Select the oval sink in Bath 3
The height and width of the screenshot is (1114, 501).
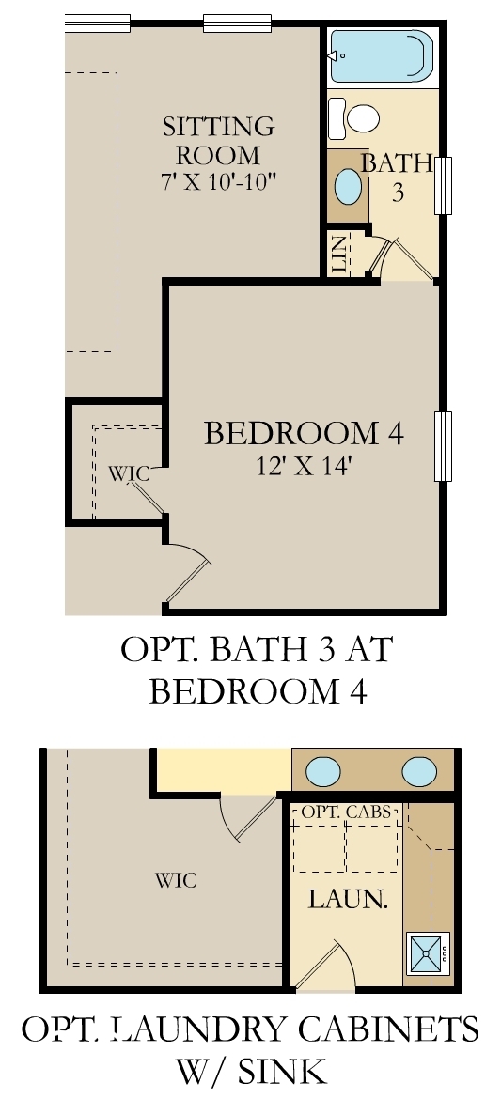[x=349, y=186]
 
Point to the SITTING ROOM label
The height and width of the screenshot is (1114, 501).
[x=218, y=140]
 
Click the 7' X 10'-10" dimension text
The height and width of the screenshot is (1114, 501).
[x=218, y=181]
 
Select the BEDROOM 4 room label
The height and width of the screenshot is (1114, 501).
[x=304, y=434]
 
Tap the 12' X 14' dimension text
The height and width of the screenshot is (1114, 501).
[x=304, y=466]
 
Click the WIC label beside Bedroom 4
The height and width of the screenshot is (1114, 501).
[x=129, y=473]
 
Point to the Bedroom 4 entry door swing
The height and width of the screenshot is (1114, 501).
[x=188, y=575]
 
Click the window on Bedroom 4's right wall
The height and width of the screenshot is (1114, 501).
[x=444, y=445]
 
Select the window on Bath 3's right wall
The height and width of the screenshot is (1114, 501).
[x=444, y=186]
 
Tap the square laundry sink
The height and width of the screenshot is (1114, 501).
[x=428, y=953]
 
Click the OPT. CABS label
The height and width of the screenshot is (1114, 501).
[x=347, y=811]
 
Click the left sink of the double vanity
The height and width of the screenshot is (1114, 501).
[x=322, y=772]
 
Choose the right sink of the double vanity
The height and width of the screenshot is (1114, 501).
[x=419, y=772]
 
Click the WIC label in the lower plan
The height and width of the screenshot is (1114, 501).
[x=176, y=880]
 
